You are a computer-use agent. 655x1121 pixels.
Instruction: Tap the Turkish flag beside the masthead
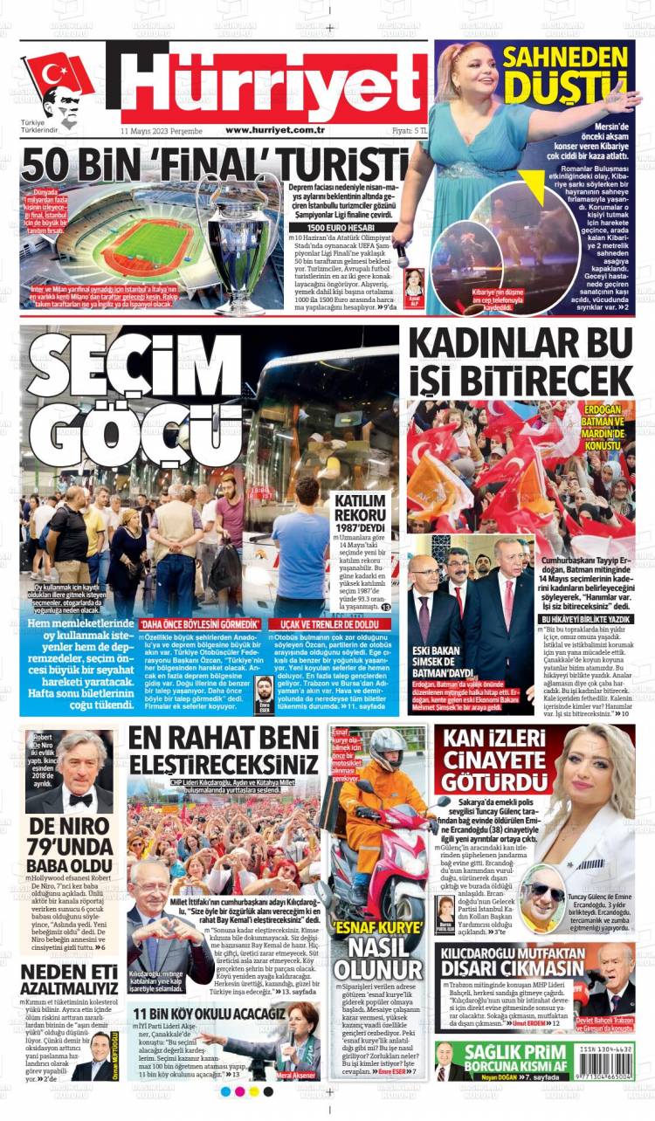pos(57,75)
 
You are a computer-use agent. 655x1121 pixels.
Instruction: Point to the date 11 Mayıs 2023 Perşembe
pos(162,130)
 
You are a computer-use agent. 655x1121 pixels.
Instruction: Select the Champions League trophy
pos(237,236)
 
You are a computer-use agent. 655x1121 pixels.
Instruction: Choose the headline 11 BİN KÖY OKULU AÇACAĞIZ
pos(210,1014)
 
